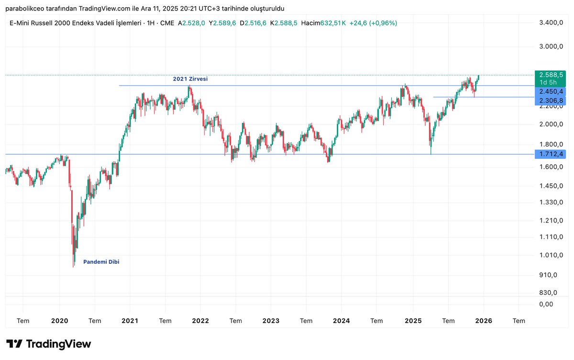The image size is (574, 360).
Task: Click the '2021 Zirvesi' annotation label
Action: [190, 79]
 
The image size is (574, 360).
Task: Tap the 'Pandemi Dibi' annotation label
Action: [101, 262]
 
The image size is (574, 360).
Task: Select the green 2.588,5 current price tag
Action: [551, 75]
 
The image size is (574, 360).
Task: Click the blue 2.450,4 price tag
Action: [551, 91]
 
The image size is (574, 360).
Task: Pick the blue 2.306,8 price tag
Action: [551, 101]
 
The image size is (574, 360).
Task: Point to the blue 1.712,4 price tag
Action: [551, 154]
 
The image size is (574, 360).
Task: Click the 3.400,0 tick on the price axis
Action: [550, 23]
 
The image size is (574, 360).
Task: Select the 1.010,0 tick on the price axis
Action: [550, 255]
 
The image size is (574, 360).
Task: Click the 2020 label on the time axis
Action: [59, 321]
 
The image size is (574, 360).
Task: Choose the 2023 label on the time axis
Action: [271, 321]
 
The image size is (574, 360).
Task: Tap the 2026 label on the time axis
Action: [483, 321]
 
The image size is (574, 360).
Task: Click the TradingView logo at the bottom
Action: [49, 344]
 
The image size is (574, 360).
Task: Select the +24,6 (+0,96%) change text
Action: [373, 23]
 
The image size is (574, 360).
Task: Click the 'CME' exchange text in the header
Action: [167, 23]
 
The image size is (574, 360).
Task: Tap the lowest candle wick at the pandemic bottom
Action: [73, 266]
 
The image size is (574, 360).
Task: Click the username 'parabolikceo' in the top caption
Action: [25, 9]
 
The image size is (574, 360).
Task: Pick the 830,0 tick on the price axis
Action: [550, 292]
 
